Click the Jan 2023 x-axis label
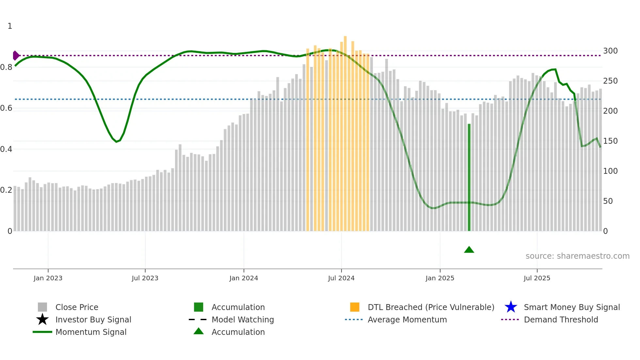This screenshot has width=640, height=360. [48, 278]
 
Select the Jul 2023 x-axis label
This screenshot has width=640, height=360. [145, 278]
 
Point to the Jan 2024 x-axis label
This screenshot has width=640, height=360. [244, 278]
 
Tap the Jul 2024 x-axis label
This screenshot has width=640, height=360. [341, 278]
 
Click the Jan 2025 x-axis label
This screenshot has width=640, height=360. [440, 278]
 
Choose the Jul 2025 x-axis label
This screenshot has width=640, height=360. [537, 278]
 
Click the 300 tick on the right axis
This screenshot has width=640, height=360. [610, 51]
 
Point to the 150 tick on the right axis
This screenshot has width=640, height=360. [610, 141]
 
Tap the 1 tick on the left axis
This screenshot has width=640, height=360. [10, 26]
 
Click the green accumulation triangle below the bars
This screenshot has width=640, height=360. [469, 250]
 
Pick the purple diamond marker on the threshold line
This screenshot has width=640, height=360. [16, 56]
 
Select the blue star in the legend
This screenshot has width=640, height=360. [511, 307]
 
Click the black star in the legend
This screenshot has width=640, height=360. [42, 319]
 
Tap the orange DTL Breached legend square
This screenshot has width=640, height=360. [355, 307]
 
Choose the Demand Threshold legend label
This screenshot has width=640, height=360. [561, 319]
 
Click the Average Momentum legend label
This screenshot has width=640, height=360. [407, 319]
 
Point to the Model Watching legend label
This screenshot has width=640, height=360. [243, 319]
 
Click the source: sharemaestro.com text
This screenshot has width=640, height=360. [577, 256]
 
